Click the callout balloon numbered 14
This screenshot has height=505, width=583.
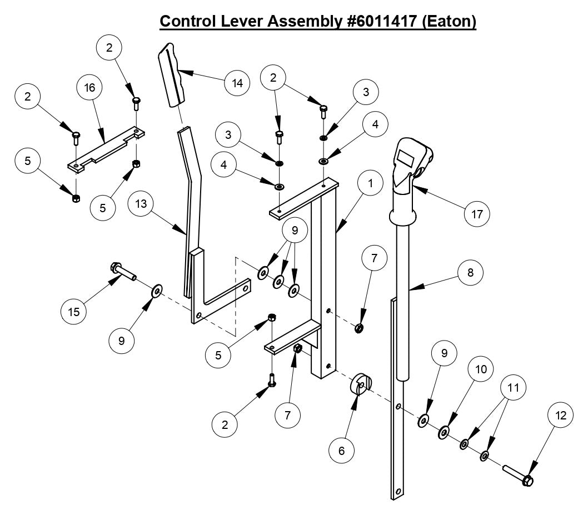tap(237, 83)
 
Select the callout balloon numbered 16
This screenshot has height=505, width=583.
tap(89, 87)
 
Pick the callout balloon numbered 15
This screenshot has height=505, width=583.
tap(74, 312)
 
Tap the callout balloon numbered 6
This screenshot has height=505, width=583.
tap(341, 450)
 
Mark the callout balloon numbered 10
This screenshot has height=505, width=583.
tap(481, 369)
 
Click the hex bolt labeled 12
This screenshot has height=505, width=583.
tap(519, 475)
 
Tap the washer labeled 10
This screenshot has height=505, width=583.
tap(445, 432)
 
